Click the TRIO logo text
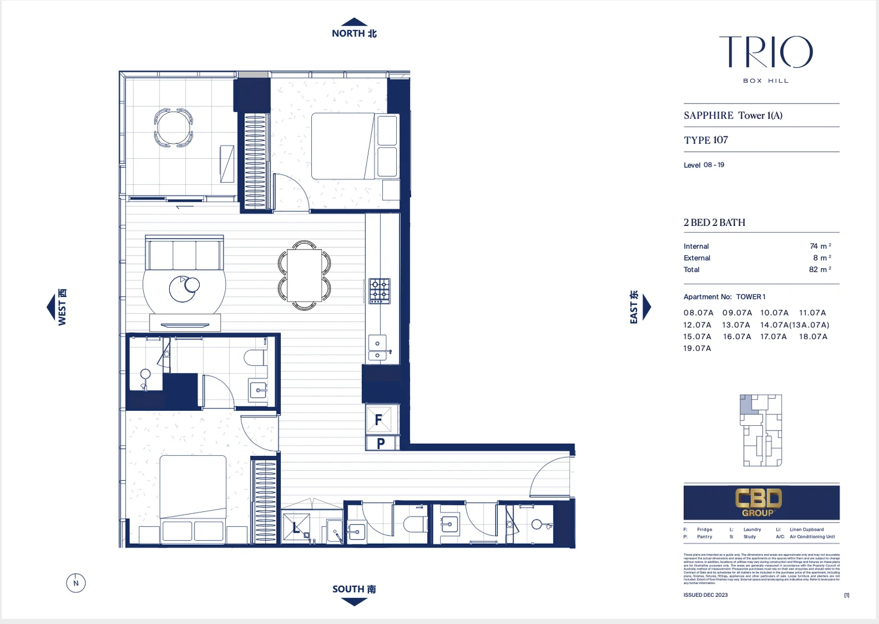[765, 52]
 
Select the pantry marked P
[381, 443]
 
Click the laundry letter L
[296, 528]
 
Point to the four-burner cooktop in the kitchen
[379, 291]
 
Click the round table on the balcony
[173, 127]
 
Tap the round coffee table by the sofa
[183, 288]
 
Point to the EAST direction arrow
[646, 307]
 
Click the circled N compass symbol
[76, 583]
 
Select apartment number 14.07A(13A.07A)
[794, 325]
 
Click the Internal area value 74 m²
[820, 246]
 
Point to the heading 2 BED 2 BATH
[714, 222]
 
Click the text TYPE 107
[706, 140]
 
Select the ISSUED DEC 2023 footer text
[705, 595]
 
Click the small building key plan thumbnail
[761, 430]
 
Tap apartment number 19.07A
[697, 348]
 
